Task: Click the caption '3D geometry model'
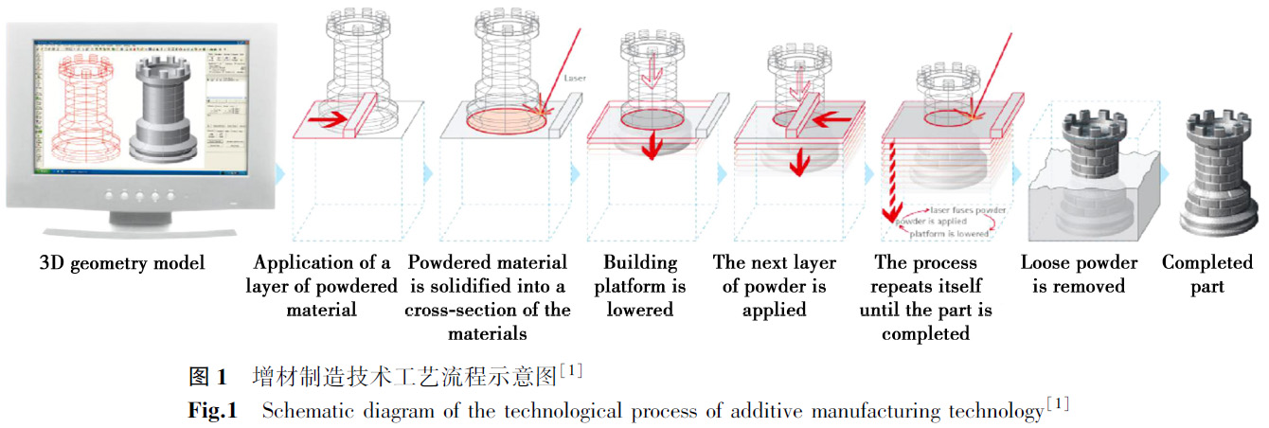122,263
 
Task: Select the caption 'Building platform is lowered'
640,286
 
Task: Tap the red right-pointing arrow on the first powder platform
326,122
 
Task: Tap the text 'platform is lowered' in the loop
950,232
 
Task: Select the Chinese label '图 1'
207,377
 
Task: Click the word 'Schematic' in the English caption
302,411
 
